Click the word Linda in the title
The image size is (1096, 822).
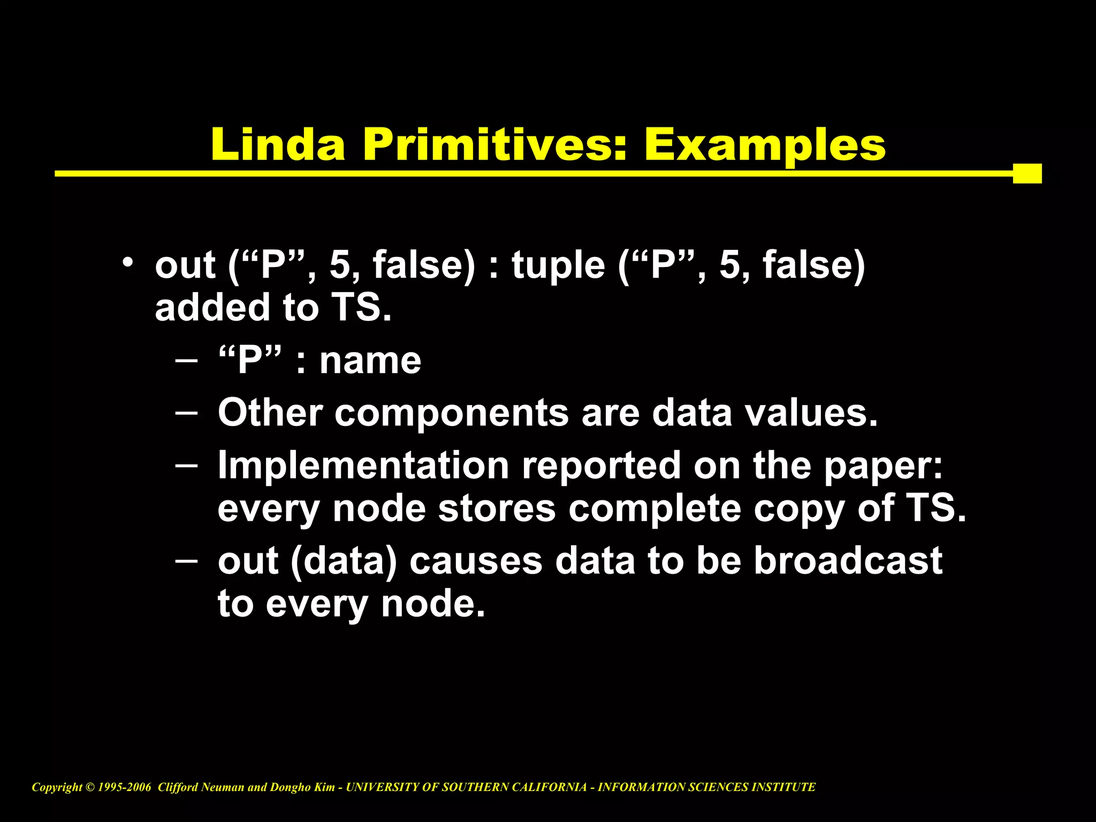278,144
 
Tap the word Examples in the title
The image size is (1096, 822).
765,146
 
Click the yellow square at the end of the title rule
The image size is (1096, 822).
1027,173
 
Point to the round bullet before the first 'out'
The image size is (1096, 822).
127,263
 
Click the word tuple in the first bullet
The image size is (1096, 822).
558,265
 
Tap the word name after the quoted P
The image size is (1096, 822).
370,361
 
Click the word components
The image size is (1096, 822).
452,414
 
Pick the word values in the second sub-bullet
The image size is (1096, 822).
812,413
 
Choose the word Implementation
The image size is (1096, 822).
363,466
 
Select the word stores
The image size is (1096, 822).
497,508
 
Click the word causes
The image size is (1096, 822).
476,562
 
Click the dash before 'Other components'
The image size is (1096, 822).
186,413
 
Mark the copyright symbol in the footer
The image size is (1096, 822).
89,787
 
